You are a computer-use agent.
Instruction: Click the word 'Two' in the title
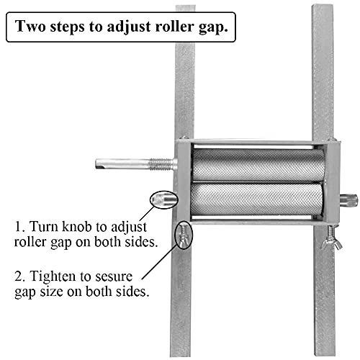(30, 26)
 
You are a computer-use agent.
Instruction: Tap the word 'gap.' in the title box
(213, 27)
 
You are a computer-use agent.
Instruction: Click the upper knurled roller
(258, 165)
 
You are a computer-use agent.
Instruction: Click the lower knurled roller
(256, 199)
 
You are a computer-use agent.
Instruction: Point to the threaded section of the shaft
(161, 164)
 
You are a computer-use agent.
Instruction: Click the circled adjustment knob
(164, 199)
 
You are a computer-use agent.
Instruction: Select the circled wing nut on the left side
(184, 235)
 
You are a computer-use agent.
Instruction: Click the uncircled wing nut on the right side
(332, 241)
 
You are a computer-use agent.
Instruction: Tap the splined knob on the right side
(348, 200)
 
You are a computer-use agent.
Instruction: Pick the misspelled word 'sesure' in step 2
(114, 276)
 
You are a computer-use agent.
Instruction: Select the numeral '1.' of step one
(19, 226)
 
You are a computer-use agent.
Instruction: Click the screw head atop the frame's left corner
(183, 138)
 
